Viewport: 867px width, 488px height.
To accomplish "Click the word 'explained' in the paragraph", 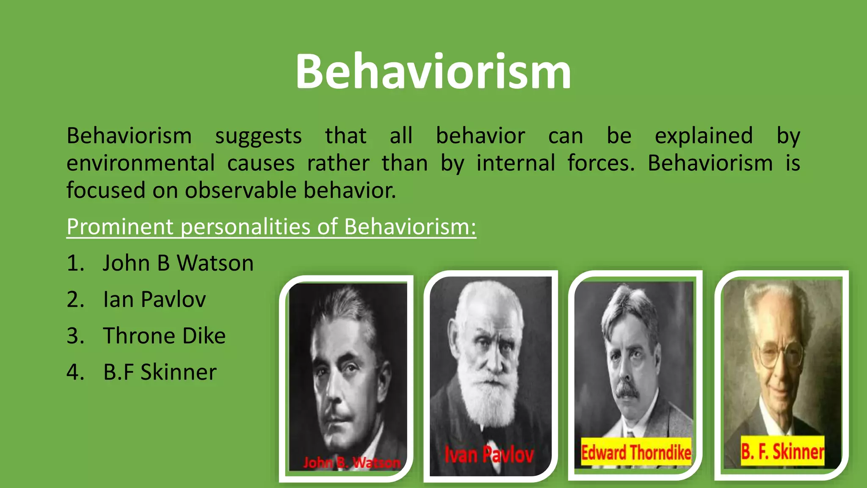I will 704,136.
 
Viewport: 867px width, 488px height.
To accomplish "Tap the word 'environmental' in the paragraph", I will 141,163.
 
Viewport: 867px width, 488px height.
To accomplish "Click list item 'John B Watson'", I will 178,263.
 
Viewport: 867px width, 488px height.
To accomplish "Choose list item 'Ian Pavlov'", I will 154,299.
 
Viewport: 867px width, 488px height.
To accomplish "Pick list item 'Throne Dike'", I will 164,336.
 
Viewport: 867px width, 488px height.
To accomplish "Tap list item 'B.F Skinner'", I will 160,372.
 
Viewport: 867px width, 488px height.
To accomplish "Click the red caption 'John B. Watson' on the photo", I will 351,463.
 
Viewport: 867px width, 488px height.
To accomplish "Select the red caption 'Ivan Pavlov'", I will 489,455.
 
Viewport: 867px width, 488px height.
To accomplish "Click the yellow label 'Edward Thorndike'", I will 636,452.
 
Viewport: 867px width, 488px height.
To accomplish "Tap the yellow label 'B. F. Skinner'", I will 782,451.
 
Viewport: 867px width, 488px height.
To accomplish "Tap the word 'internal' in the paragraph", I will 515,163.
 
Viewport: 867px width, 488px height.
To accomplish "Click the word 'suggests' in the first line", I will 258,137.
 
